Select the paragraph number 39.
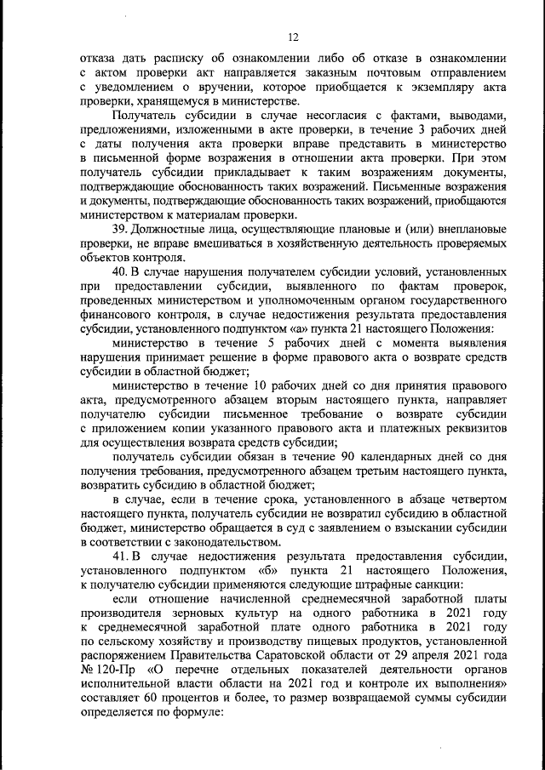pyautogui.click(x=119, y=232)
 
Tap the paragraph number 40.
pyautogui.click(x=120, y=271)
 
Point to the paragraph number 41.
pyautogui.click(x=120, y=556)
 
